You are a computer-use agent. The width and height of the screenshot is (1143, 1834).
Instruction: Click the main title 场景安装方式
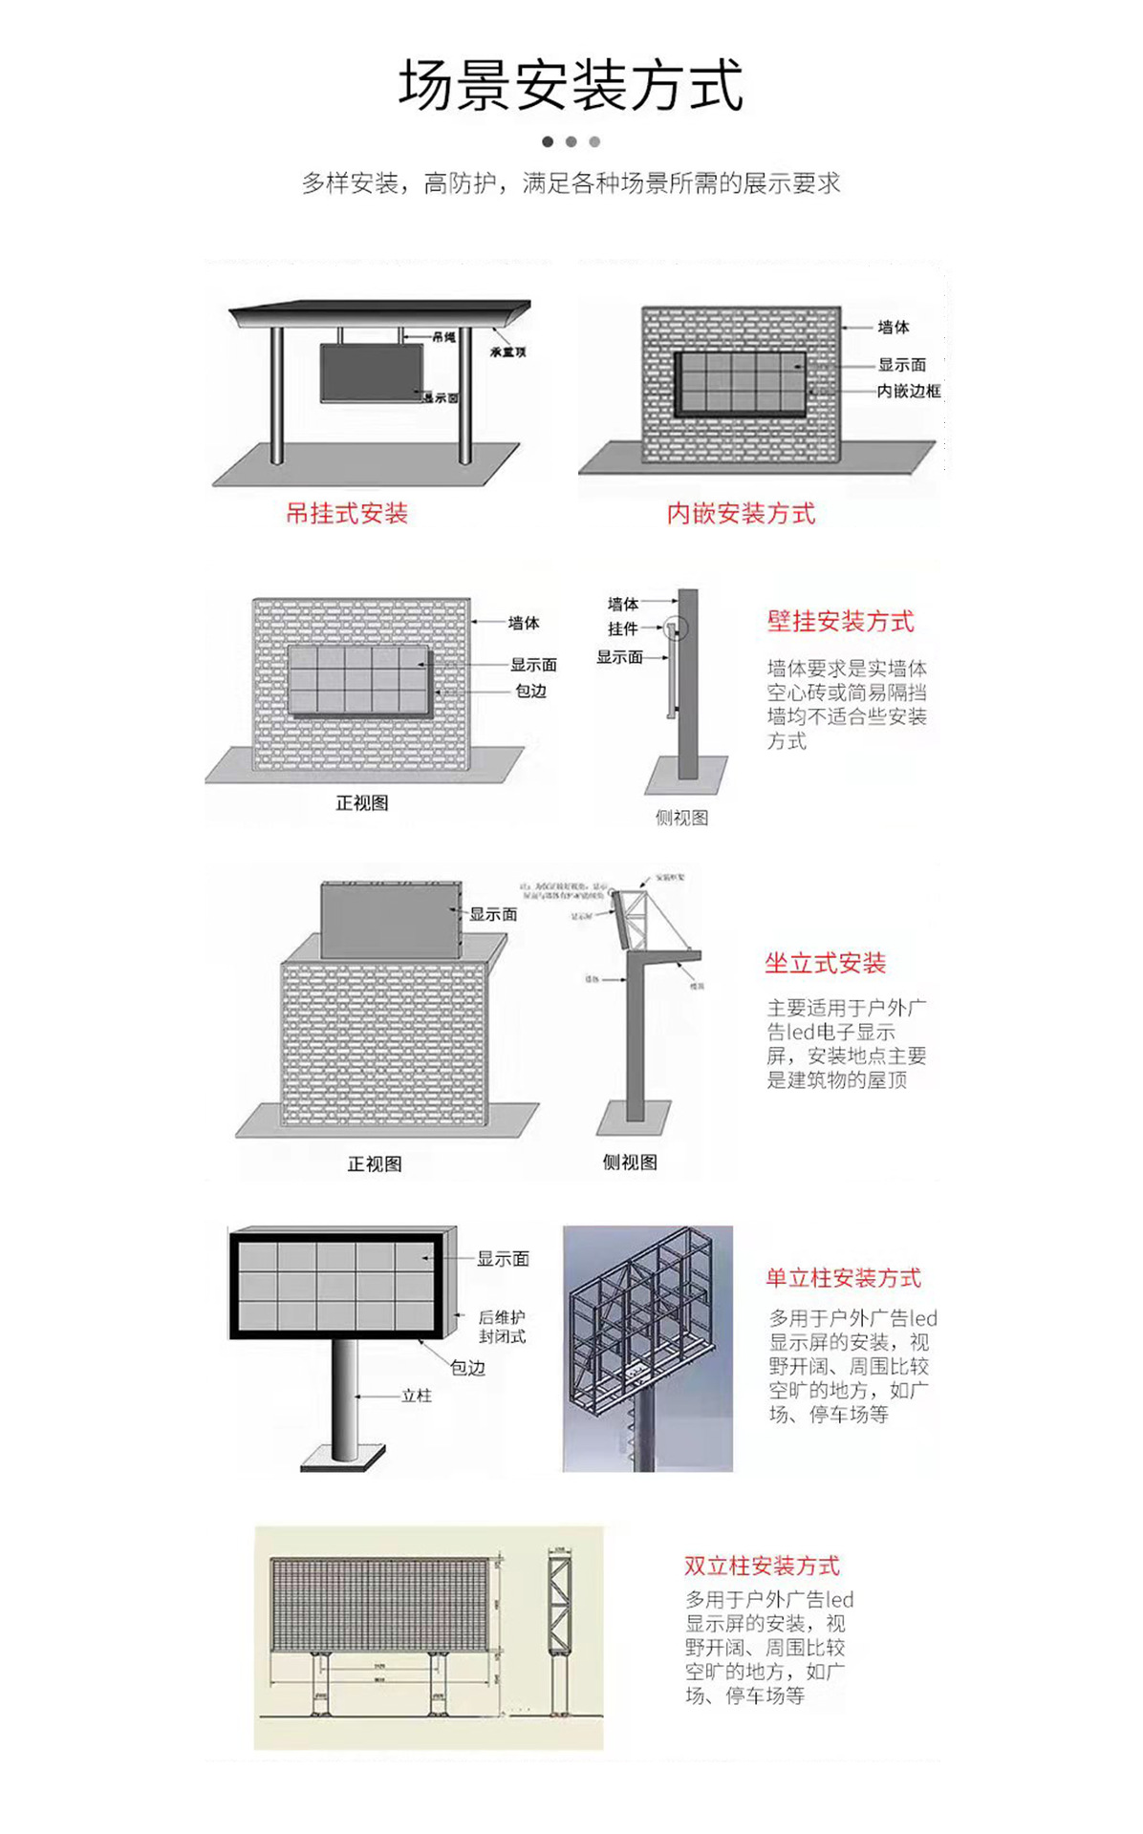pos(571,86)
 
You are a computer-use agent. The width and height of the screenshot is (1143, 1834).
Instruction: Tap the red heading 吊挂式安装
pos(347,514)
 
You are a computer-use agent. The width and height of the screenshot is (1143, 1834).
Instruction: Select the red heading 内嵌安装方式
pos(741,514)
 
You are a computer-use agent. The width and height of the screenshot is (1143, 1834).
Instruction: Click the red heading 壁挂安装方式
pos(840,622)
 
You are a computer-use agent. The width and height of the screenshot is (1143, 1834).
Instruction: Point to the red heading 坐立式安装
pos(825,964)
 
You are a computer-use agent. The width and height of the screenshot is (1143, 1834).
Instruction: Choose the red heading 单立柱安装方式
pos(843,1278)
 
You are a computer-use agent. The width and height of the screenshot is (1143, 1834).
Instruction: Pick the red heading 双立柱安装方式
pos(762,1566)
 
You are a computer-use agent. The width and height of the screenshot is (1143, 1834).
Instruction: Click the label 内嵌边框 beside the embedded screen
pos(908,391)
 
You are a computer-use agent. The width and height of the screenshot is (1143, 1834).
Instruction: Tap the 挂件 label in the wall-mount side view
pos(622,629)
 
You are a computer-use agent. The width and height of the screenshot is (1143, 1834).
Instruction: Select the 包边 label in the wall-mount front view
pos(530,691)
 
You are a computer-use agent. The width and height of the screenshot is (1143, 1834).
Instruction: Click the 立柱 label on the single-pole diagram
pos(417,1396)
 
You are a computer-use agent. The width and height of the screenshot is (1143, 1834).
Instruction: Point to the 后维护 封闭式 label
pos(502,1327)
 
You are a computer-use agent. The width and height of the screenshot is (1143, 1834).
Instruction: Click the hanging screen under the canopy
pos(371,373)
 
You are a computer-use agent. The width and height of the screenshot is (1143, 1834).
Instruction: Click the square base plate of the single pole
pos(343,1458)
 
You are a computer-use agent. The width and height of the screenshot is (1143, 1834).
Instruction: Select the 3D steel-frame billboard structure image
pos(647,1348)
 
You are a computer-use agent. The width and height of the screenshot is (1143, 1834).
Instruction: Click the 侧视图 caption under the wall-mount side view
pos(681,818)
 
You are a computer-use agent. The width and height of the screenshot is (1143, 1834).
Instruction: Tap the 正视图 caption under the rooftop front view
pos(375,1163)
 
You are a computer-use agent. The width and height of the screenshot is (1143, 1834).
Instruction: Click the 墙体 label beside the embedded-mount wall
pos(894,328)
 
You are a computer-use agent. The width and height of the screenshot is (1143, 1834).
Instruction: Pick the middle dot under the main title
pos(571,141)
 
